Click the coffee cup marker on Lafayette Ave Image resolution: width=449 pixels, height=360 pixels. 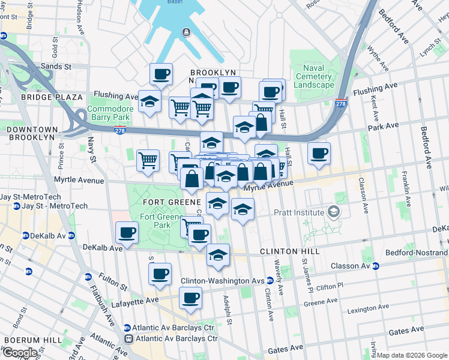191,298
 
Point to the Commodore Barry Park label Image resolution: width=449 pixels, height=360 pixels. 109,113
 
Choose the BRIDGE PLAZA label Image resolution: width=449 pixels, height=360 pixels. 52,97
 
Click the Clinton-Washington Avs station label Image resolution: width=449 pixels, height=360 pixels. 223,281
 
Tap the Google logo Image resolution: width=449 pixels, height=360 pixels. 20,352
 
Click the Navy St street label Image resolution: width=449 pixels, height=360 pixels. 92,150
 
